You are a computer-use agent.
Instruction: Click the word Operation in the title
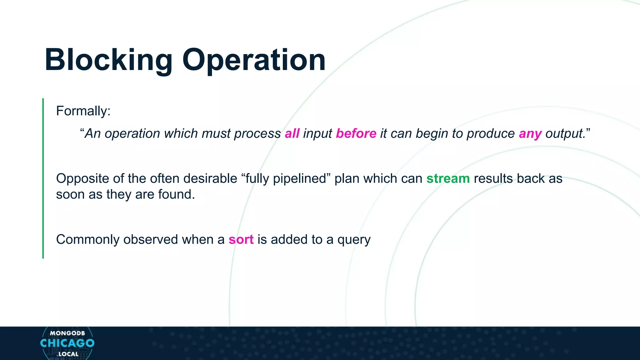click(254, 60)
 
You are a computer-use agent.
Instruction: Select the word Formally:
click(83, 111)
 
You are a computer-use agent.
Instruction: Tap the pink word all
click(292, 134)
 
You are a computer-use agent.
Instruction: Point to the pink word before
click(356, 134)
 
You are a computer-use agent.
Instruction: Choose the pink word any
click(530, 134)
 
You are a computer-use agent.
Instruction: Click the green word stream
click(448, 179)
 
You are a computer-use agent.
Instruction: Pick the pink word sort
click(241, 240)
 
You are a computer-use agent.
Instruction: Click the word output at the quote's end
click(564, 134)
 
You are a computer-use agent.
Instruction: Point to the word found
click(176, 194)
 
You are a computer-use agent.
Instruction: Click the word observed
click(151, 240)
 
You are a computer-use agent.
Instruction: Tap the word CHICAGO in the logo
click(67, 343)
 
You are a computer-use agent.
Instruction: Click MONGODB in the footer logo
click(67, 333)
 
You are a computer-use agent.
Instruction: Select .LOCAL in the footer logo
click(67, 354)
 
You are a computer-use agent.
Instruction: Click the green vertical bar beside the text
click(43, 178)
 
